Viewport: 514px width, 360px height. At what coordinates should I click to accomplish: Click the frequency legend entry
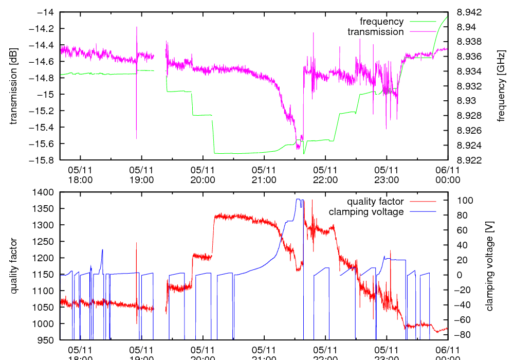tap(381, 22)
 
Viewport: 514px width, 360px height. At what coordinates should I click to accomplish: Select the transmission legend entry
tap(375, 32)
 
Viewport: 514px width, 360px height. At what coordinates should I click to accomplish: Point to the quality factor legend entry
tap(375, 202)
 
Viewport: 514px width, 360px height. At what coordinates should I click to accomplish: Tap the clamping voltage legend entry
tap(366, 212)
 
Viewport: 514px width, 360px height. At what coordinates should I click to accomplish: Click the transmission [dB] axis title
tap(14, 86)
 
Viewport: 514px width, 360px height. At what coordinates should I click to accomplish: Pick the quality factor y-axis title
tap(14, 266)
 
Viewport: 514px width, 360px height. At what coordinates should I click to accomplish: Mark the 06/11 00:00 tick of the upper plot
tap(447, 175)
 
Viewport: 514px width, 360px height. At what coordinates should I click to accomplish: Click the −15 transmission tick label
tap(48, 94)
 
